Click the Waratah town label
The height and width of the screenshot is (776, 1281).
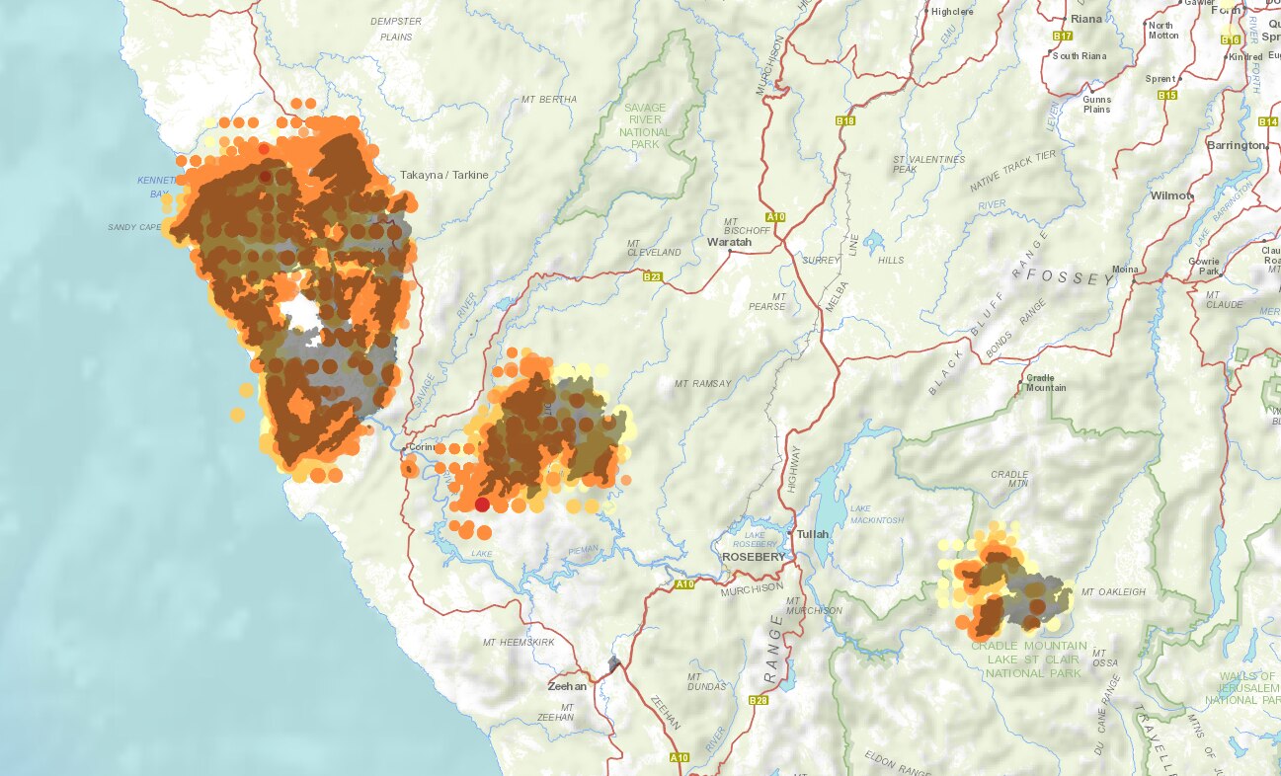coord(729,242)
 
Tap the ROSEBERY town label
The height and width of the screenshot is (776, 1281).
coord(754,557)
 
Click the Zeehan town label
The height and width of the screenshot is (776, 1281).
coord(567,686)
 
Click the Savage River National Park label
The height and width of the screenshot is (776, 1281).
coord(646,125)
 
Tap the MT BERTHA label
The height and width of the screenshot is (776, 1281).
coord(549,100)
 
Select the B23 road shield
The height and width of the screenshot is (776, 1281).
coord(652,276)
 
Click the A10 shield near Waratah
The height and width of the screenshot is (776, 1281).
coord(774,216)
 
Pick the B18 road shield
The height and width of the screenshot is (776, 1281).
coord(844,120)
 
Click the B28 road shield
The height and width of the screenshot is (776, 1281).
coord(759,700)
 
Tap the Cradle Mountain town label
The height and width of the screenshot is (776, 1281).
coord(1046,382)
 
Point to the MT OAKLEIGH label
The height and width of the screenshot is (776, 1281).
coord(1113,592)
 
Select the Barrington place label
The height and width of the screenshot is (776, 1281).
coord(1235,145)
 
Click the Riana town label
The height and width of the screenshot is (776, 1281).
coord(1085,20)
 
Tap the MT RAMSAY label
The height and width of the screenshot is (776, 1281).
coord(702,383)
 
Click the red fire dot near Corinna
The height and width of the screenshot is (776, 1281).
coord(482,504)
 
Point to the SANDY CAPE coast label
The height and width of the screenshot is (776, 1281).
coord(134,227)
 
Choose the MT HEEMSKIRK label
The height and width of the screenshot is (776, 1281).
coord(519,643)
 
